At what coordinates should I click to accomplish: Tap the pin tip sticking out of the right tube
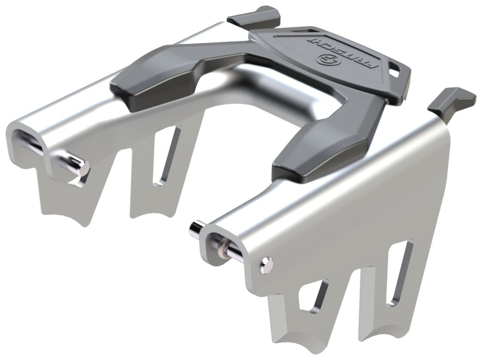[x=196, y=229]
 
